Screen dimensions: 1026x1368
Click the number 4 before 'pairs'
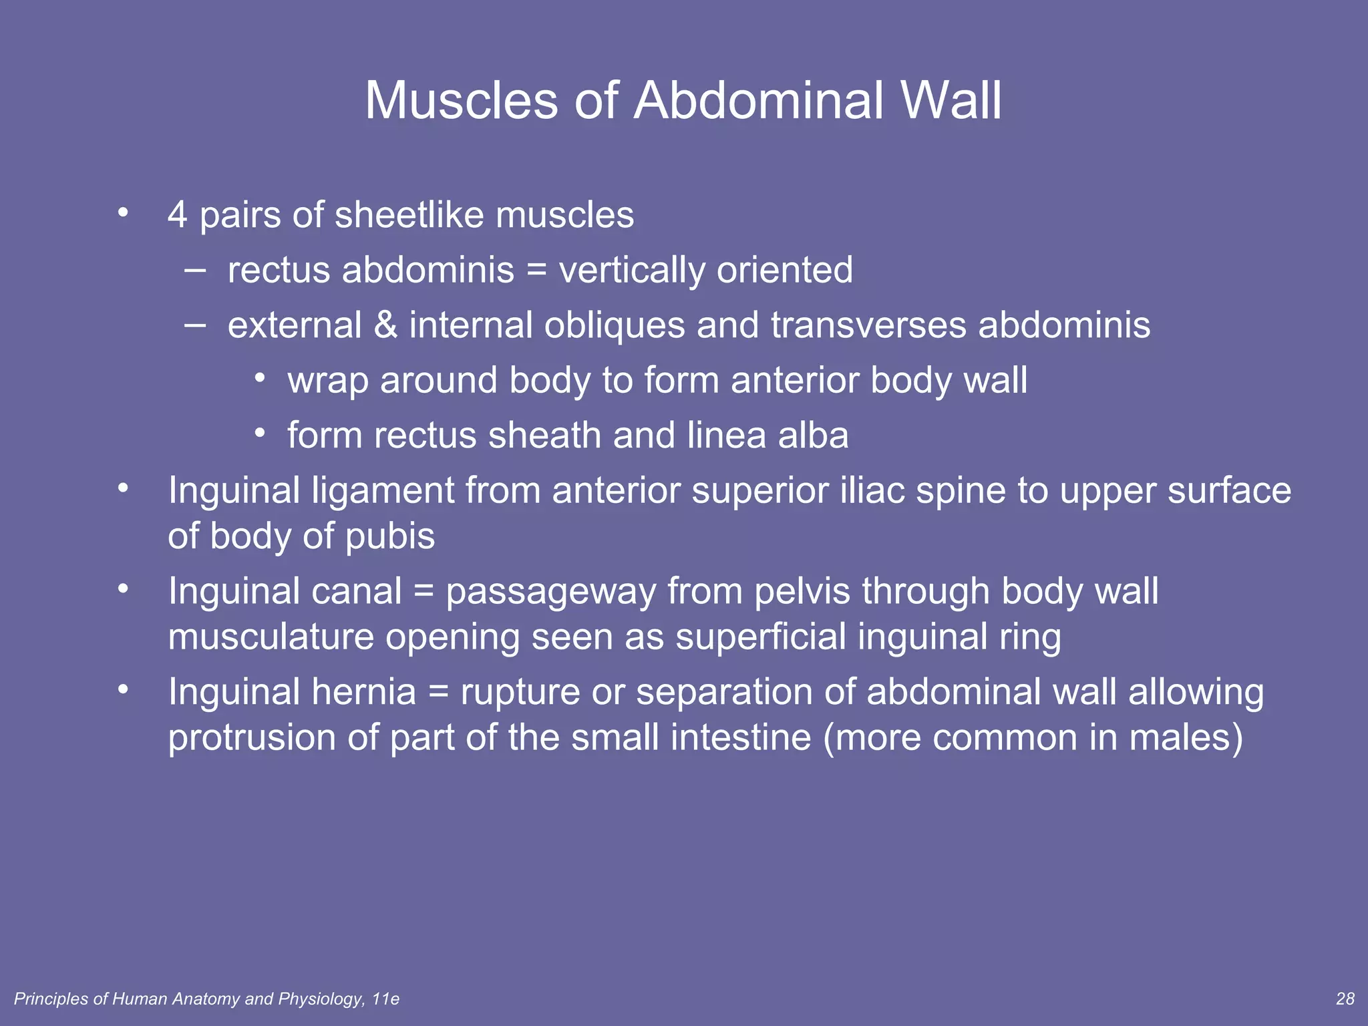click(177, 215)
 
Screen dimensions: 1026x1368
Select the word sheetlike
click(409, 215)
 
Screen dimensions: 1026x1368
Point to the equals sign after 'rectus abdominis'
click(536, 271)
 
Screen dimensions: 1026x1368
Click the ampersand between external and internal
click(385, 325)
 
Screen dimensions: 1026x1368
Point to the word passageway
click(550, 592)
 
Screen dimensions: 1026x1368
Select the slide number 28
click(1345, 999)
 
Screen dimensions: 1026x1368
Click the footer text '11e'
click(385, 999)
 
